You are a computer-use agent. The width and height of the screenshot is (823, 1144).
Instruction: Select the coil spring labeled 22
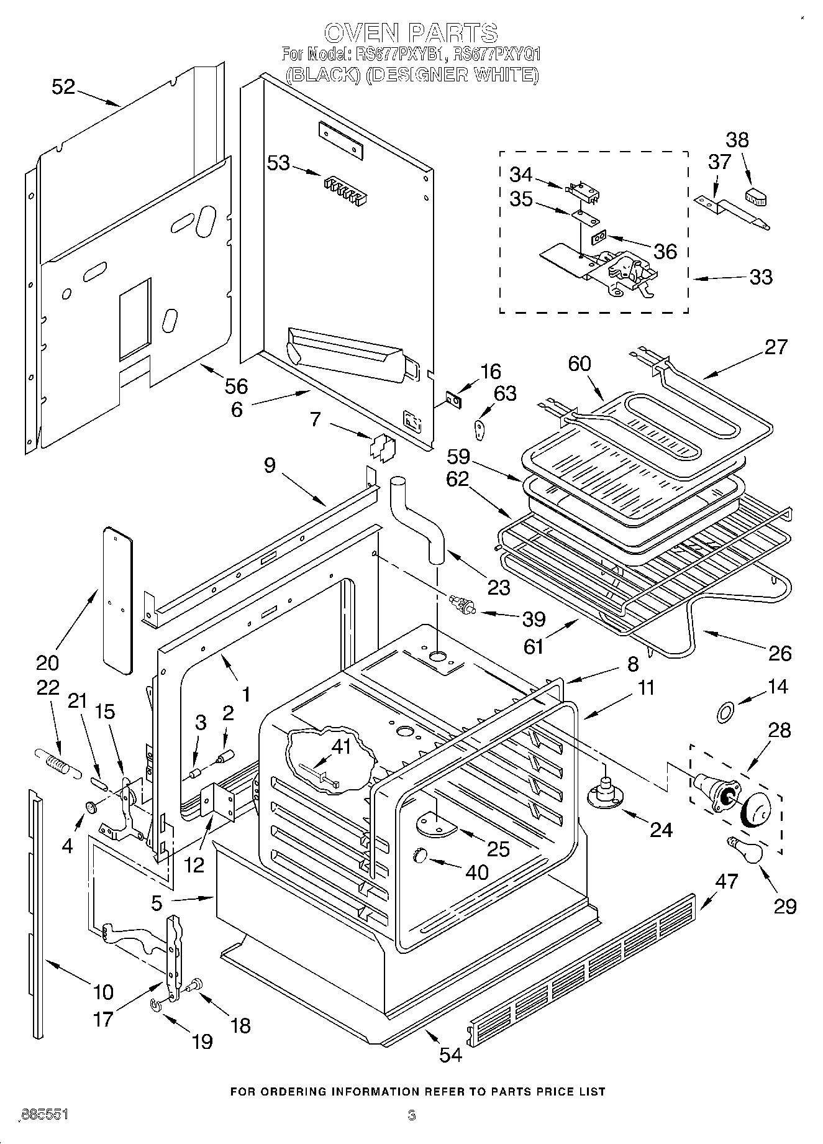pos(57,761)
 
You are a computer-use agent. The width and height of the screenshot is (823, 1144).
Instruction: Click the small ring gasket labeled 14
pos(724,713)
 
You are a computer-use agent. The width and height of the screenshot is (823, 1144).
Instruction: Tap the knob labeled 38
pos(755,197)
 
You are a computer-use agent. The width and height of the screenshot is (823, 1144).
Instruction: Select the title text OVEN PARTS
pos(411,32)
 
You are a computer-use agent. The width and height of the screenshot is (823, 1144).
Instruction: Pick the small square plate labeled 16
pos(455,401)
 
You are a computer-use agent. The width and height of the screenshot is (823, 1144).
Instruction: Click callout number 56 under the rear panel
pos(235,386)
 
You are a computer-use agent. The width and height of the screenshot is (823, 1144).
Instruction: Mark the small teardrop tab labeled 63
pos(480,427)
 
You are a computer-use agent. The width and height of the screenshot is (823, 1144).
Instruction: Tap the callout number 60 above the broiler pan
pos(579,364)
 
